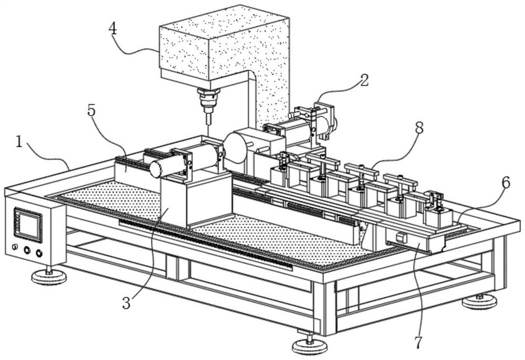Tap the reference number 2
(x=364, y=80)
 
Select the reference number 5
(x=91, y=111)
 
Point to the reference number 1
(x=19, y=142)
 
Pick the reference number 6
(x=505, y=183)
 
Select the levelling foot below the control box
(x=49, y=276)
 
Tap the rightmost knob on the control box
(x=39, y=253)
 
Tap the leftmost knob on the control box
(x=15, y=247)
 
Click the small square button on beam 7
(x=400, y=237)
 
